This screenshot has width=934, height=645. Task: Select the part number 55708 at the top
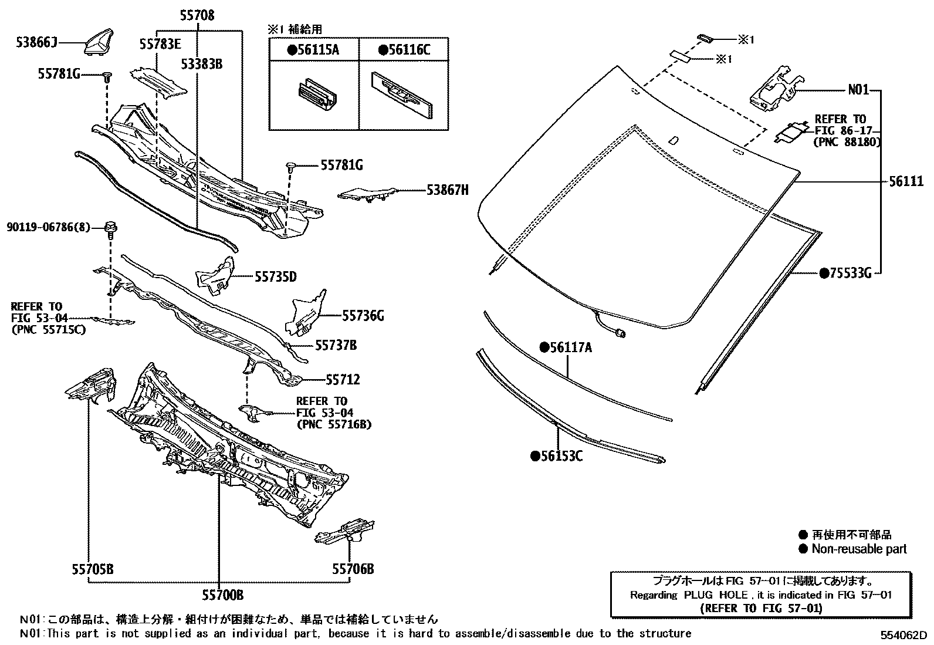tap(197, 16)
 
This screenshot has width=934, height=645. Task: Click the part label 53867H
tap(447, 190)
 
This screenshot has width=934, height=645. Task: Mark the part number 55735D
tap(276, 276)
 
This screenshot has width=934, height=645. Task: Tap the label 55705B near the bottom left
tap(93, 569)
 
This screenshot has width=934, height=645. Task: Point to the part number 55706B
tap(353, 569)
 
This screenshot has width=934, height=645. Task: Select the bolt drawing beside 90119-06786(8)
tap(110, 227)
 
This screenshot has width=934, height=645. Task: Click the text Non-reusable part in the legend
tap(859, 549)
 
